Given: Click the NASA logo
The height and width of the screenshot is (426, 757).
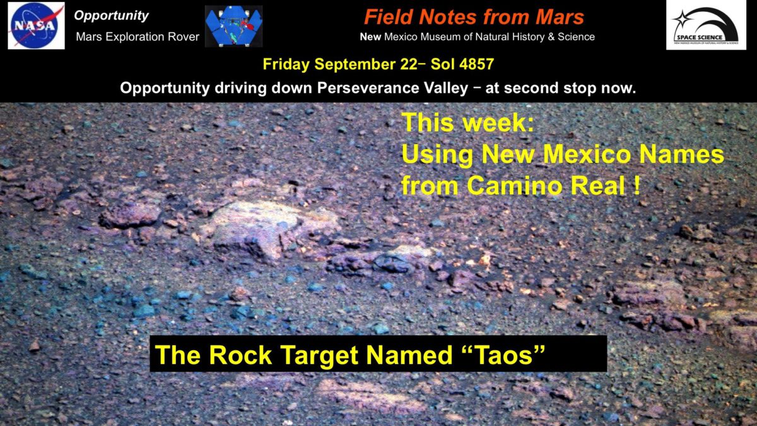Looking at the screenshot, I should (36, 25).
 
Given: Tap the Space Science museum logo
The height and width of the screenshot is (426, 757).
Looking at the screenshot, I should (706, 25).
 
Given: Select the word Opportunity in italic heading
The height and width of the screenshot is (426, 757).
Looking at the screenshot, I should (111, 16).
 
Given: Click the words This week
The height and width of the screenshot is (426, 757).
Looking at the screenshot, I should (467, 123).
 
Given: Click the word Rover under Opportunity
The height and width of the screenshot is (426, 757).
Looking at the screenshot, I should (183, 37).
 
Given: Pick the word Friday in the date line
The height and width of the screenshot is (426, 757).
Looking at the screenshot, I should (286, 65).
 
